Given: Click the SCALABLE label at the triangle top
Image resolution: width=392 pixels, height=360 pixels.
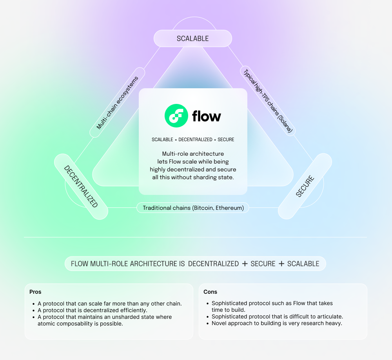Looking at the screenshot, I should click(x=192, y=38).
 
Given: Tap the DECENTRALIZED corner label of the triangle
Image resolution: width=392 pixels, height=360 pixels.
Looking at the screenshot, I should click(x=81, y=186).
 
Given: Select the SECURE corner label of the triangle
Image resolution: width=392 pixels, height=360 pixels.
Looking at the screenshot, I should click(x=305, y=186).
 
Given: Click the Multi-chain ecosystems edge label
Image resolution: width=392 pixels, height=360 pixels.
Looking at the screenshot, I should click(x=118, y=103).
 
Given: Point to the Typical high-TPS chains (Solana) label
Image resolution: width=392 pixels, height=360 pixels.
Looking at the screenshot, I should click(x=268, y=101).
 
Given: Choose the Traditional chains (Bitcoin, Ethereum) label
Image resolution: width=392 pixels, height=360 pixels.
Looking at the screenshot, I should click(x=193, y=208).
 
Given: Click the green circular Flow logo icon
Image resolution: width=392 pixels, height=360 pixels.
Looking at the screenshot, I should click(x=176, y=116).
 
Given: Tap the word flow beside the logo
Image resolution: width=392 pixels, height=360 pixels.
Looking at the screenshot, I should click(x=207, y=116).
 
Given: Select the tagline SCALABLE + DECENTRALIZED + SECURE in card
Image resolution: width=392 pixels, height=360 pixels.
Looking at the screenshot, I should click(x=193, y=140).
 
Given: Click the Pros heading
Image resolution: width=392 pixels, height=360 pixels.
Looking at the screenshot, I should click(x=35, y=292).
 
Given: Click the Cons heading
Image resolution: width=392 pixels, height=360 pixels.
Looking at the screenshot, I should click(x=211, y=292).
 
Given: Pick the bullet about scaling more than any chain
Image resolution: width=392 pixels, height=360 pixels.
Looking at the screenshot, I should click(x=109, y=304).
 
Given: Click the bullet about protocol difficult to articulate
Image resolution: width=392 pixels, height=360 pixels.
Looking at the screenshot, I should click(x=277, y=316).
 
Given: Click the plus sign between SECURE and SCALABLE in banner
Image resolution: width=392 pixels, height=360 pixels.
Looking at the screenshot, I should click(x=281, y=264).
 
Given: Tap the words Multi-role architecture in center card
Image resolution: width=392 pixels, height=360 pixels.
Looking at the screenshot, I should click(x=193, y=153).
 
